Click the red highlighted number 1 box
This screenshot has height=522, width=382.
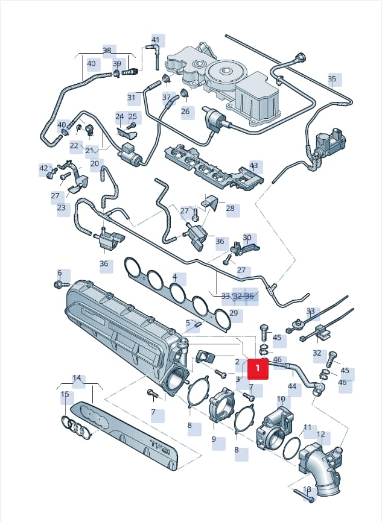pos(258,368)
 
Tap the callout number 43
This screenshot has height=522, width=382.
pos(253,165)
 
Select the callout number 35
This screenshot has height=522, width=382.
pos(332,79)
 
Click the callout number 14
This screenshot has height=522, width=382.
pos(77,378)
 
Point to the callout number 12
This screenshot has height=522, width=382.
pos(320,435)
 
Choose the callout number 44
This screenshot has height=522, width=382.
pos(292,386)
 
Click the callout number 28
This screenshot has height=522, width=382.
pos(231,209)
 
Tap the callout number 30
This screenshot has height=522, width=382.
pos(247,237)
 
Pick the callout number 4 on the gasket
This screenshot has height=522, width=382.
pos(174,276)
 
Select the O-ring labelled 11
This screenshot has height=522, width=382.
pos(291,448)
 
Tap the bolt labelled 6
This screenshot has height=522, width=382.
pos(61,285)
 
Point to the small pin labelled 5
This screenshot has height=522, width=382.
pos(197,324)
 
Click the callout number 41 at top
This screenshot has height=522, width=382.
pos(156,40)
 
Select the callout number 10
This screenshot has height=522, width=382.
pos(281,398)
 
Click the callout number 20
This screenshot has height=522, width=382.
pos(95,163)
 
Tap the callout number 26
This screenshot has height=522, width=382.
pos(185,111)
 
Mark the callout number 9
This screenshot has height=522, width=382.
pos(214,439)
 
